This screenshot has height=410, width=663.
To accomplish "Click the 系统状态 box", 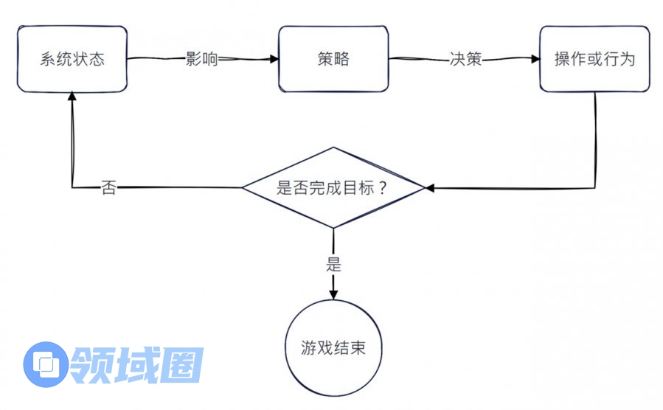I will (72, 59).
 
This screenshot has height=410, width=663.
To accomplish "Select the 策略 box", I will (333, 59).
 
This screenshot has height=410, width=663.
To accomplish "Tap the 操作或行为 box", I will (594, 59).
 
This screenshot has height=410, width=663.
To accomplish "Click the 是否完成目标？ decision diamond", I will (333, 187).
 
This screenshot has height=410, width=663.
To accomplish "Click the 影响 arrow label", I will (201, 60).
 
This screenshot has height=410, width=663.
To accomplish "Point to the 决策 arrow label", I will (465, 60).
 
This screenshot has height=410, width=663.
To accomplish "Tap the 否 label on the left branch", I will (108, 188).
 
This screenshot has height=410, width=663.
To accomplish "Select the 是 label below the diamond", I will (333, 263).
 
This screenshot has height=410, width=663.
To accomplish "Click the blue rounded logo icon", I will (46, 364).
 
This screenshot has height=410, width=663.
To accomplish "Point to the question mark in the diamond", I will (383, 187).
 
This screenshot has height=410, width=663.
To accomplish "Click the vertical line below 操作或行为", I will (594, 140).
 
